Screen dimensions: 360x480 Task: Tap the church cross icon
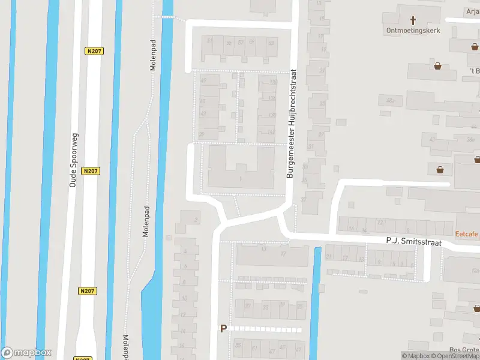click(412, 20)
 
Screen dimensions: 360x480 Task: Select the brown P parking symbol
click(224, 328)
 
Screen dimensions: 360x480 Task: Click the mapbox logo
click(26, 353)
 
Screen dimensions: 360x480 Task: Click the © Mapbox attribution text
click(416, 356)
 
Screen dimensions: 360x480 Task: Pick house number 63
click(271, 43)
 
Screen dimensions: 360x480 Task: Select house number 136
click(273, 83)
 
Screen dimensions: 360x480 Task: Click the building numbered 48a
click(391, 100)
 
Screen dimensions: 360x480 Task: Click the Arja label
click(473, 11)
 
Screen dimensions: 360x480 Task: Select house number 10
click(185, 298)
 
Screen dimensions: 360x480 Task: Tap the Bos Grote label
click(464, 351)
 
